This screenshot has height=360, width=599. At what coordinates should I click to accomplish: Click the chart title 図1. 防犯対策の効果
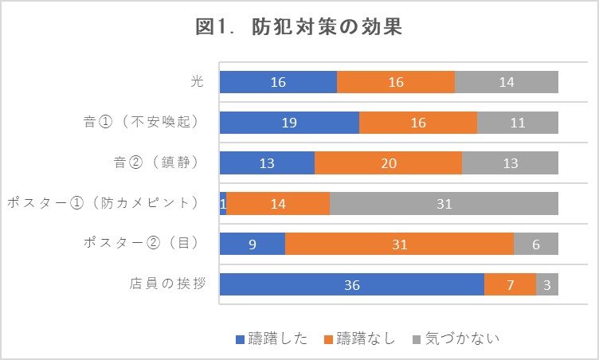[299, 27]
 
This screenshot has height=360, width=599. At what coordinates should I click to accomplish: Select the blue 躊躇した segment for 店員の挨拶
[351, 284]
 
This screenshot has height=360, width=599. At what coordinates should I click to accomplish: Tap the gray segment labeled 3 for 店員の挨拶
[547, 284]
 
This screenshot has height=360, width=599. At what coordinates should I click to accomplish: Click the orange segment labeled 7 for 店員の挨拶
[510, 284]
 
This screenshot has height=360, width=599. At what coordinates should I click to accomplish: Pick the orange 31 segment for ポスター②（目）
[399, 244]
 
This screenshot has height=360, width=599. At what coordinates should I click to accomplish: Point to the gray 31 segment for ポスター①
[444, 203]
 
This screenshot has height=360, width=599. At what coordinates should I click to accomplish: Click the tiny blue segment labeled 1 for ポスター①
[223, 203]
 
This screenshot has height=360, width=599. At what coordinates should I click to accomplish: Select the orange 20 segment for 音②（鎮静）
[388, 163]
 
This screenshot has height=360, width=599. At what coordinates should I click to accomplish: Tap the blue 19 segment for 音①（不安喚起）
[289, 123]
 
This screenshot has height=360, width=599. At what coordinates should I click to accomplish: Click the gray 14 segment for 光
[507, 83]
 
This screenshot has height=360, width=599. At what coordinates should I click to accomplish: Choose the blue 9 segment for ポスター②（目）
[253, 244]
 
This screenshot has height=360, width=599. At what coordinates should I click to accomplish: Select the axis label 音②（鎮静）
[155, 163]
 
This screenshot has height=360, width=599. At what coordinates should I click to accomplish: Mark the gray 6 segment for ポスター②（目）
[536, 244]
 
